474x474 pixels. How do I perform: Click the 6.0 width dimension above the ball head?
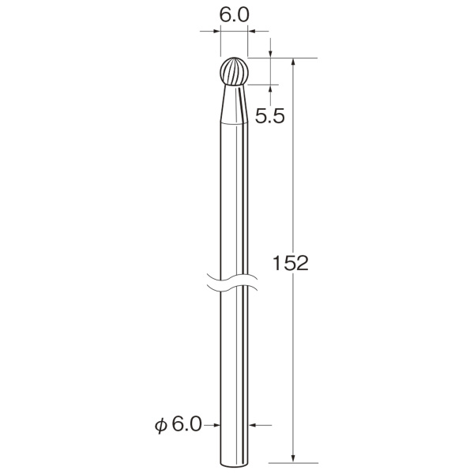click(x=235, y=15)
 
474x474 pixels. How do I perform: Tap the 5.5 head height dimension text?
click(x=269, y=116)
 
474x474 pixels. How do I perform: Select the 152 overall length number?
click(x=290, y=263)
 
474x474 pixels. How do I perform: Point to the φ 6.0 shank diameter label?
click(x=178, y=424)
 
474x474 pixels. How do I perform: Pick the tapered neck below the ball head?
click(x=235, y=104)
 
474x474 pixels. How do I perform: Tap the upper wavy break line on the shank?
click(x=232, y=277)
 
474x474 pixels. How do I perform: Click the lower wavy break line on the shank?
click(x=232, y=288)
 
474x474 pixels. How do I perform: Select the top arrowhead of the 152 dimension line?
click(x=292, y=62)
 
